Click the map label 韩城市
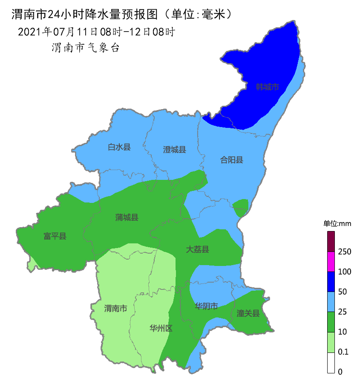(x=267, y=87)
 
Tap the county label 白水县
(x=119, y=147)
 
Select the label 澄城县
(x=175, y=150)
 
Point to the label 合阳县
(x=231, y=160)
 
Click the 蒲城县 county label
(x=127, y=217)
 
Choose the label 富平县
(x=55, y=236)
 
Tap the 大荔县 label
(x=197, y=249)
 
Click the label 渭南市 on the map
(x=115, y=308)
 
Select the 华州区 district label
(x=161, y=328)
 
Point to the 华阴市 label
(x=206, y=306)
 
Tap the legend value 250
(x=344, y=251)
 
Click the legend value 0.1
(x=343, y=352)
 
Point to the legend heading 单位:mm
(x=337, y=224)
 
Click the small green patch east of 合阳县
(x=241, y=207)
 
